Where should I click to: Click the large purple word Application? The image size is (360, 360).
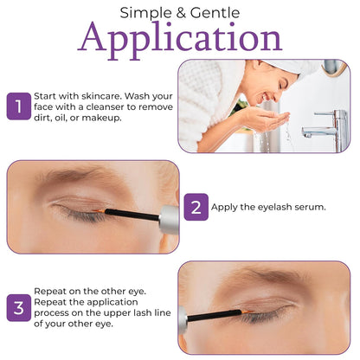pyautogui.click(x=180, y=39)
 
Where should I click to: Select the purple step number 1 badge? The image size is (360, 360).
pyautogui.click(x=17, y=106)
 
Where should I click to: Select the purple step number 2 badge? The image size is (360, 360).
pyautogui.click(x=196, y=207)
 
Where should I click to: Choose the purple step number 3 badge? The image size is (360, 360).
pyautogui.click(x=17, y=307)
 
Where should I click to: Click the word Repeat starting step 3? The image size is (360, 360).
pyautogui.click(x=50, y=291)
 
